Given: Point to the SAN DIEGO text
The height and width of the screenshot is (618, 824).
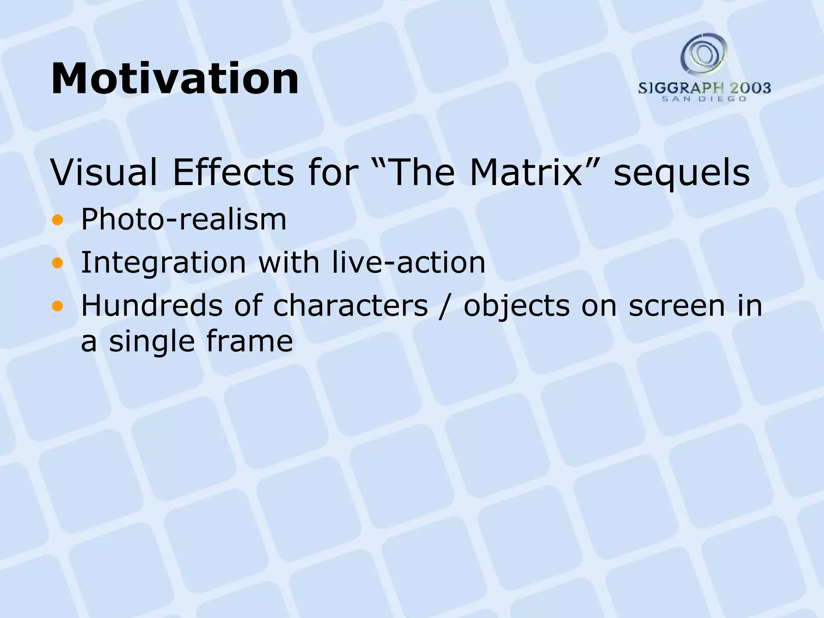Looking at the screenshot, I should [704, 99].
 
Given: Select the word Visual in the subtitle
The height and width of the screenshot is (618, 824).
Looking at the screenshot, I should [104, 173].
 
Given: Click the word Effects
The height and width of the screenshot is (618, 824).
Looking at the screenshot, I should [233, 173].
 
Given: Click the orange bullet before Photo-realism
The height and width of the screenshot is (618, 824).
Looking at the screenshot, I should [58, 220].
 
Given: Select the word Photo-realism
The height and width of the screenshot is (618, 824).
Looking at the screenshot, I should [184, 220].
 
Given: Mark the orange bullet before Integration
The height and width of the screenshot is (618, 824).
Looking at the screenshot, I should [58, 263].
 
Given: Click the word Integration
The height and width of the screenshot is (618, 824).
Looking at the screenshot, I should [163, 263].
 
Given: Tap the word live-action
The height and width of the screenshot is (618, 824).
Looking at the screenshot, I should [409, 262].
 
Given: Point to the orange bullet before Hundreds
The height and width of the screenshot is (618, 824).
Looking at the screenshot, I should [58, 306].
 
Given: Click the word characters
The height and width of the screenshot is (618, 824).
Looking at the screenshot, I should [350, 306].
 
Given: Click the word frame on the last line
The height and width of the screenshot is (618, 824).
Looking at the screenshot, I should [249, 341].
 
